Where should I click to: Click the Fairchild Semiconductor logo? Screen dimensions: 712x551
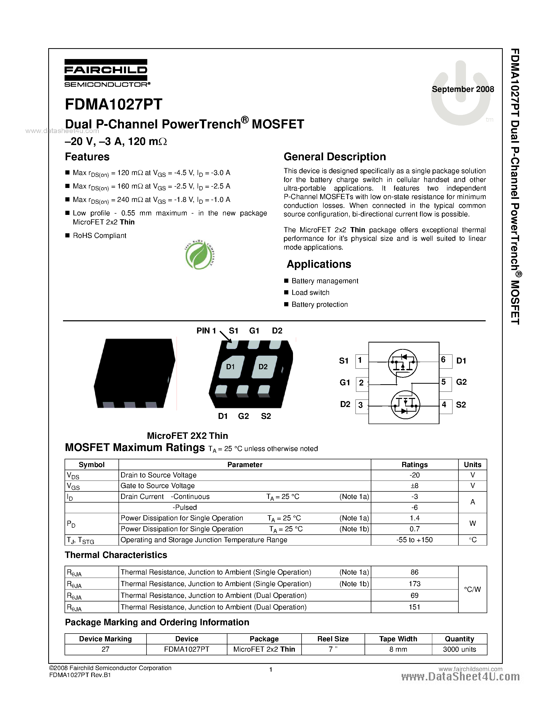pos(106,73)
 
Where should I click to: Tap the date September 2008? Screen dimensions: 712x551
pos(463,89)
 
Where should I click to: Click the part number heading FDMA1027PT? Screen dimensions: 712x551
pos(114,105)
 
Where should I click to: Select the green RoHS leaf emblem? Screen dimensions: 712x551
pos(199,255)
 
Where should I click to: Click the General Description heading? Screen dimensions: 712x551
pos(334,157)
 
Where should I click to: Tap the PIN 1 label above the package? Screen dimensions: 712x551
pos(206,331)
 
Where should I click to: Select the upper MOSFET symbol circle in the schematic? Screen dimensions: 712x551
pos(402,363)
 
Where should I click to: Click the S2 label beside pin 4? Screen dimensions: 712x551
pos(461,405)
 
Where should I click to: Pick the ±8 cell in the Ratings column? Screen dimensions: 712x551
pos(414,486)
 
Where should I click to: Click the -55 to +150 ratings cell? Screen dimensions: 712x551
pos(414,540)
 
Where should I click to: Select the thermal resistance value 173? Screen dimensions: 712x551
pos(414,584)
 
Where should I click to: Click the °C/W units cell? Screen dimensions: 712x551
pos(472,590)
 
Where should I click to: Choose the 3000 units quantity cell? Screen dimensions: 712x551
pos(459,649)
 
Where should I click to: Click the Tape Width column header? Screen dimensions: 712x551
pos(398,639)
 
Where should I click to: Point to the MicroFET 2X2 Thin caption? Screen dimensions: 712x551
pos(187,436)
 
